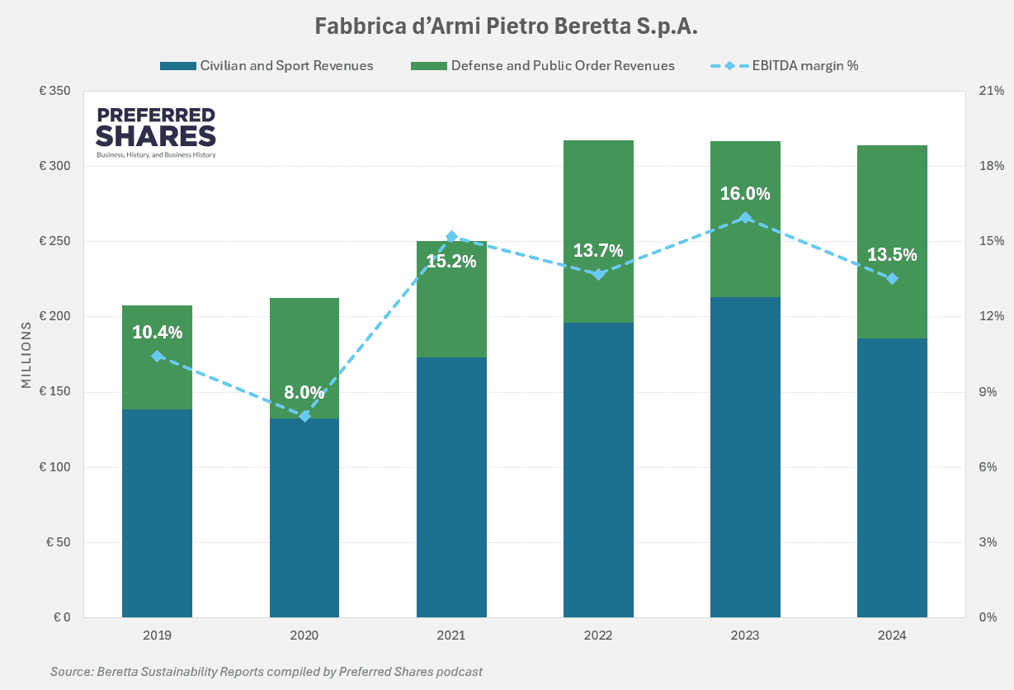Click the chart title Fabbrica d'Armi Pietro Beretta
pos(507,26)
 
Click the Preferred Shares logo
pos(156,132)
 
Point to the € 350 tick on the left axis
pos(54,91)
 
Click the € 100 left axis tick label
pos(54,467)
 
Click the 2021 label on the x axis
pos(451,636)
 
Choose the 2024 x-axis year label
pos(892,636)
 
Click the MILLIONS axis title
pos(26,355)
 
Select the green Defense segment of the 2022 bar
pos(598,231)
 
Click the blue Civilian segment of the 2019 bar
pos(157,512)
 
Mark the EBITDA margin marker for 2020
pos(304,416)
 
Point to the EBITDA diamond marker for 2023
pos(745,218)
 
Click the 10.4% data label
pos(157,333)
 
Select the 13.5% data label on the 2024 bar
pos(892,255)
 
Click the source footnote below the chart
pos(266,672)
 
